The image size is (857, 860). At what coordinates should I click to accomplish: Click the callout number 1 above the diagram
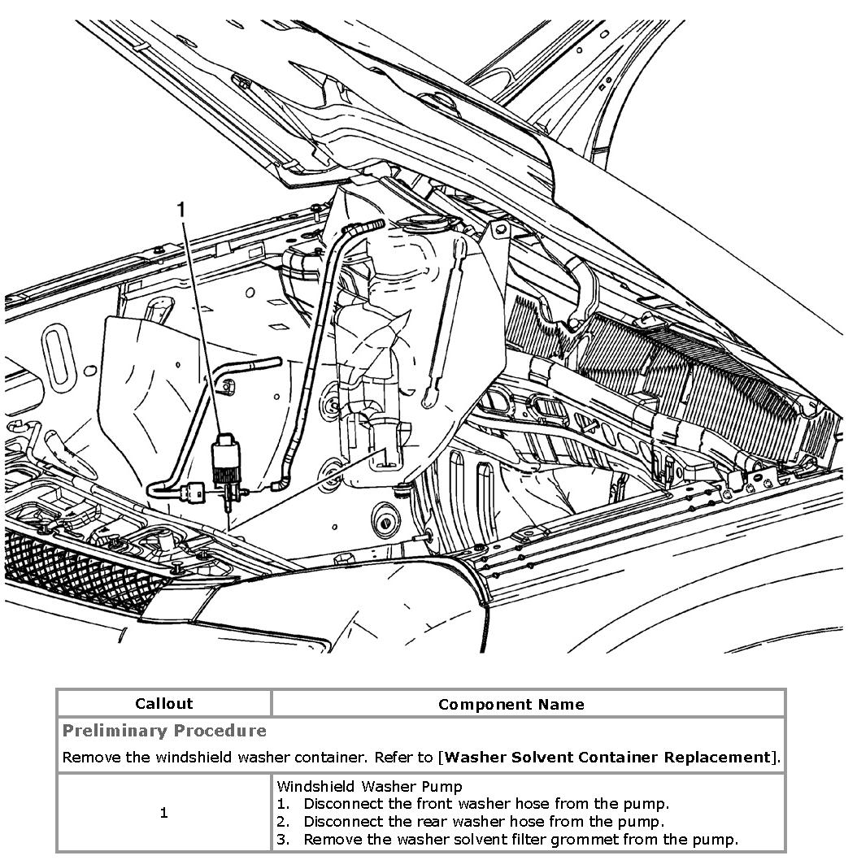(x=181, y=211)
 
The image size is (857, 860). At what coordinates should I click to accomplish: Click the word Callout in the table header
(x=164, y=704)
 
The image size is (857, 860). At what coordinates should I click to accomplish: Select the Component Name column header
(x=511, y=704)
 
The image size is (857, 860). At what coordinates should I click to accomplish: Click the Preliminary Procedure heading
(x=164, y=730)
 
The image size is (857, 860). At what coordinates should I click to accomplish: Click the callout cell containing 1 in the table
(x=164, y=813)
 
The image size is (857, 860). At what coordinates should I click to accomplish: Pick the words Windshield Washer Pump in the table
(x=369, y=786)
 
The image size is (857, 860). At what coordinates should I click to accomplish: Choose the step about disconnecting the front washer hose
(x=485, y=804)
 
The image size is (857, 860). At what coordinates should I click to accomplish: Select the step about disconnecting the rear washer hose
(x=484, y=822)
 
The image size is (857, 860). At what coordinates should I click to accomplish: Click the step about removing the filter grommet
(x=520, y=840)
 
